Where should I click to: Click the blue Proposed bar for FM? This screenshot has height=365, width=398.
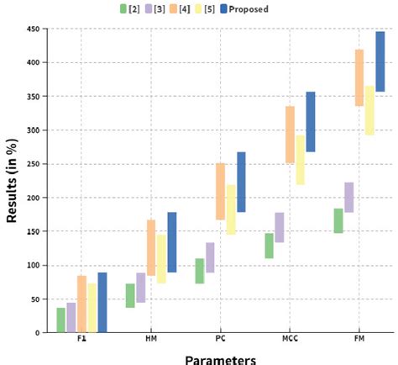pyautogui.click(x=380, y=61)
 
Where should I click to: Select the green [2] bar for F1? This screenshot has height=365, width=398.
pyautogui.click(x=61, y=320)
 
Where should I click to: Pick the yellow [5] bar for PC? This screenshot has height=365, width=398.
pyautogui.click(x=230, y=209)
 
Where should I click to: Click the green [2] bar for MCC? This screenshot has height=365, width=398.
pyautogui.click(x=269, y=246)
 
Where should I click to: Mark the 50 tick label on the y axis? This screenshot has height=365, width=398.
pyautogui.click(x=35, y=299)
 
